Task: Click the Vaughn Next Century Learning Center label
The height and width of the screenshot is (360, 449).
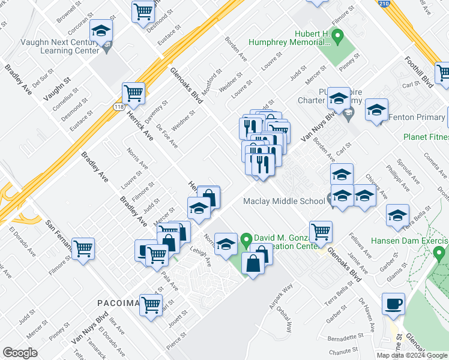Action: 51,47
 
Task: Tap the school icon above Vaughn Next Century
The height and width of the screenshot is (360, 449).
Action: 101,31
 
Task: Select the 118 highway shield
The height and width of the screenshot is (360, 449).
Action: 119,106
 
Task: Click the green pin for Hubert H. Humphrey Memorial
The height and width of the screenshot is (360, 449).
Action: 337,39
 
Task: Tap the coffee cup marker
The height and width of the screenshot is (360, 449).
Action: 393,304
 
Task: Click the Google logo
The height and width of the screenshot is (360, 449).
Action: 20,353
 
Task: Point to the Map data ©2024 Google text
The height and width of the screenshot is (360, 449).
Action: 411,355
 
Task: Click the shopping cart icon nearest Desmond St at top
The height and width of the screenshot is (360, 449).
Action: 143,10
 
